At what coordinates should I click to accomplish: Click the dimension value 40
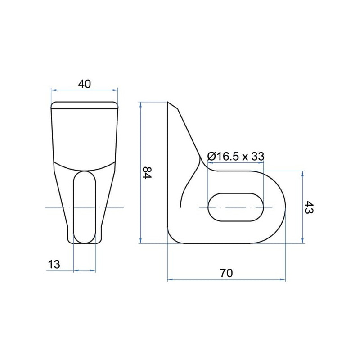pyautogui.click(x=85, y=84)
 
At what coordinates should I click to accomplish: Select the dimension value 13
pyautogui.click(x=54, y=264)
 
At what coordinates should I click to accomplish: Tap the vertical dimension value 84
pyautogui.click(x=148, y=173)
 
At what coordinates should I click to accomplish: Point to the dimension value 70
pyautogui.click(x=226, y=273)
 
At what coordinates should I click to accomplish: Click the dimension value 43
pyautogui.click(x=308, y=207)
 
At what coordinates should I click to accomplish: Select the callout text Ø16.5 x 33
pyautogui.click(x=236, y=156)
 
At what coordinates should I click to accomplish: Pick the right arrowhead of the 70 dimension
pyautogui.click(x=283, y=279)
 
